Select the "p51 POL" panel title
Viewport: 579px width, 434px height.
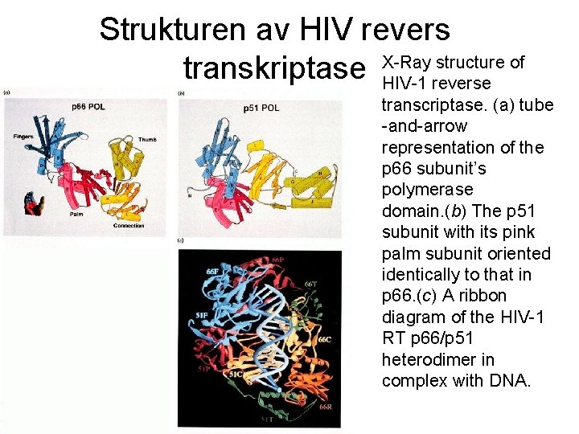pos(261,108)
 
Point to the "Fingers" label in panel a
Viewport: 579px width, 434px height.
pos(23,137)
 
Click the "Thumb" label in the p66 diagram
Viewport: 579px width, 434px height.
pos(147,139)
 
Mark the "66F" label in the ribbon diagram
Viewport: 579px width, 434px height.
pos(213,272)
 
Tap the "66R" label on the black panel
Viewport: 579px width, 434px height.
pos(325,409)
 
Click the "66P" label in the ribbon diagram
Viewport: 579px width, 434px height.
pos(277,260)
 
